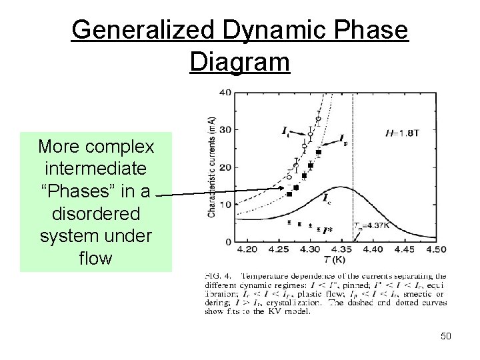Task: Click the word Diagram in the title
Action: [x=239, y=62]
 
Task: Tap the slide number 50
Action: [x=445, y=336]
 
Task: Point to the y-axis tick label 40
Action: [x=225, y=92]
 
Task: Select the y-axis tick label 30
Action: [x=225, y=129]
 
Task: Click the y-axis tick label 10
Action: [x=225, y=204]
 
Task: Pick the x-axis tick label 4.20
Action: [x=247, y=249]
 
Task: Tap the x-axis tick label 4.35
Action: [x=342, y=249]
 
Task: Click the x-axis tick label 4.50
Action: [x=436, y=249]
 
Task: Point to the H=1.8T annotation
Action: [x=403, y=133]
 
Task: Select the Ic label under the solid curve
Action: [x=326, y=198]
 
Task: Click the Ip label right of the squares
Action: [x=343, y=140]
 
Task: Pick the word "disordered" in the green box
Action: [x=95, y=214]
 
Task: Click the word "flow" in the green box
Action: [x=95, y=257]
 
